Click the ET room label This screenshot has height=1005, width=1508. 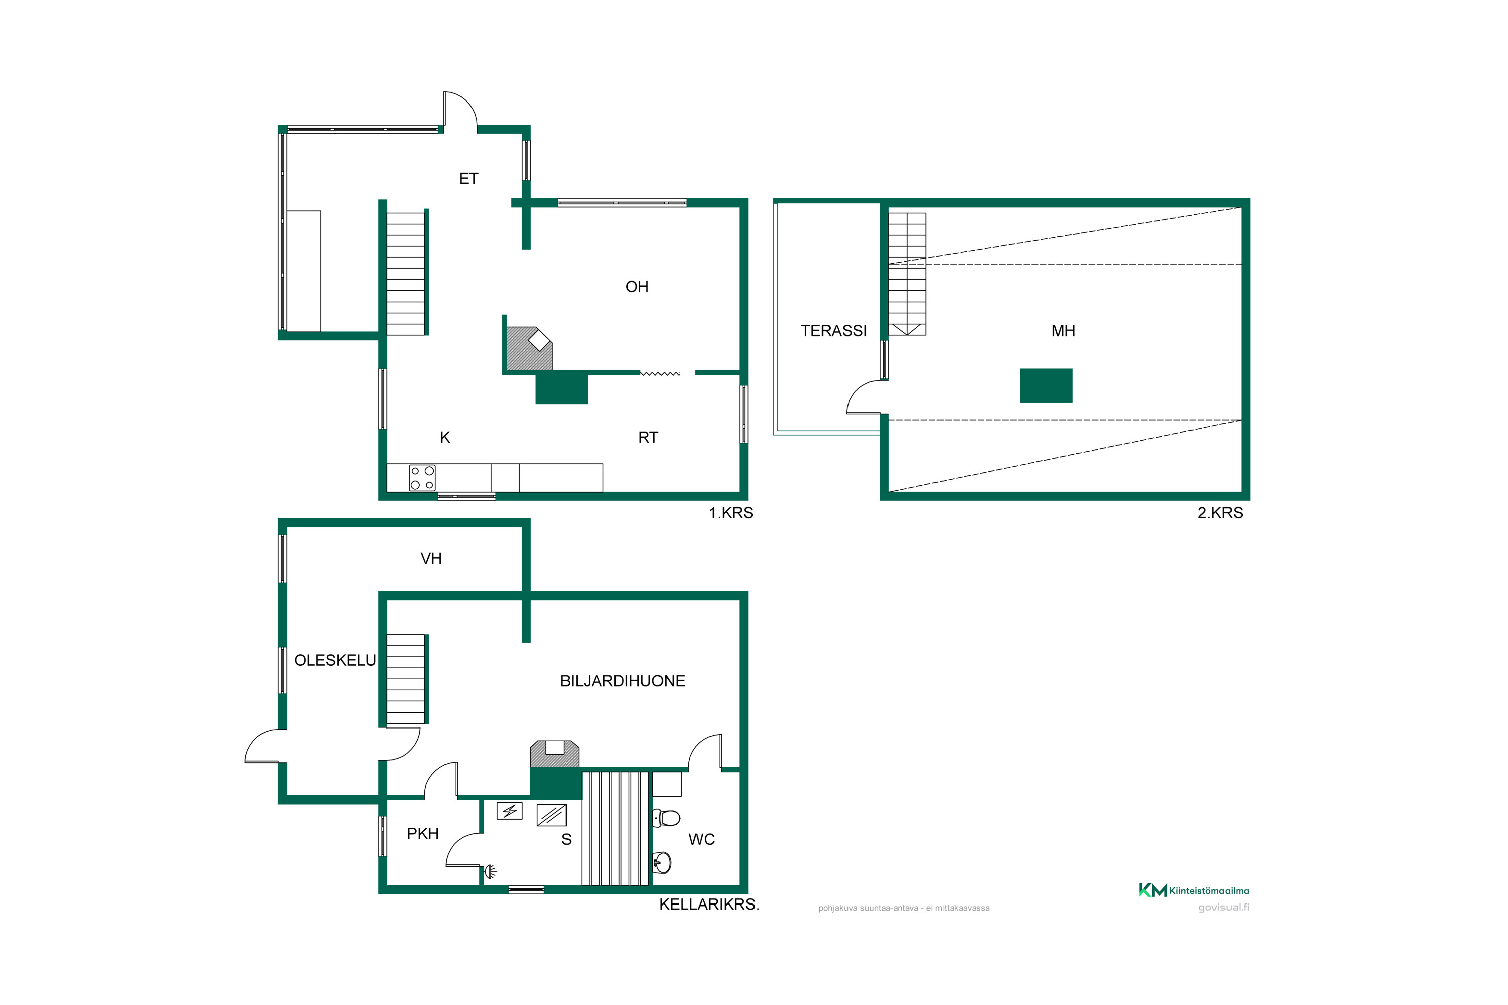(468, 179)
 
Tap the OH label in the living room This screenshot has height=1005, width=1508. (637, 287)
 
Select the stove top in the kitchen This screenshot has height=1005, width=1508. (422, 478)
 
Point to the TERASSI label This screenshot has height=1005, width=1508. (833, 331)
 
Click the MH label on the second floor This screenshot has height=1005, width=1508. (1063, 331)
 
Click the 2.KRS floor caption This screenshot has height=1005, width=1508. (1220, 513)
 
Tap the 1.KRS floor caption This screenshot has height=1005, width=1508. (731, 513)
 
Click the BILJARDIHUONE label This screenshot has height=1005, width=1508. (623, 681)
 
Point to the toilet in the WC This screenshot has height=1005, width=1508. (667, 818)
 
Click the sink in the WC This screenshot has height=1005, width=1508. (663, 862)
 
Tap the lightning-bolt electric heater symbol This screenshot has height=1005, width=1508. (510, 811)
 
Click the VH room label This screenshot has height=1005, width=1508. (431, 559)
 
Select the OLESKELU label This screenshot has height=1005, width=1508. (335, 661)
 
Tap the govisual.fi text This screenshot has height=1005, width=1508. (1223, 907)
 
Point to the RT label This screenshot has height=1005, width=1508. (648, 438)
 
